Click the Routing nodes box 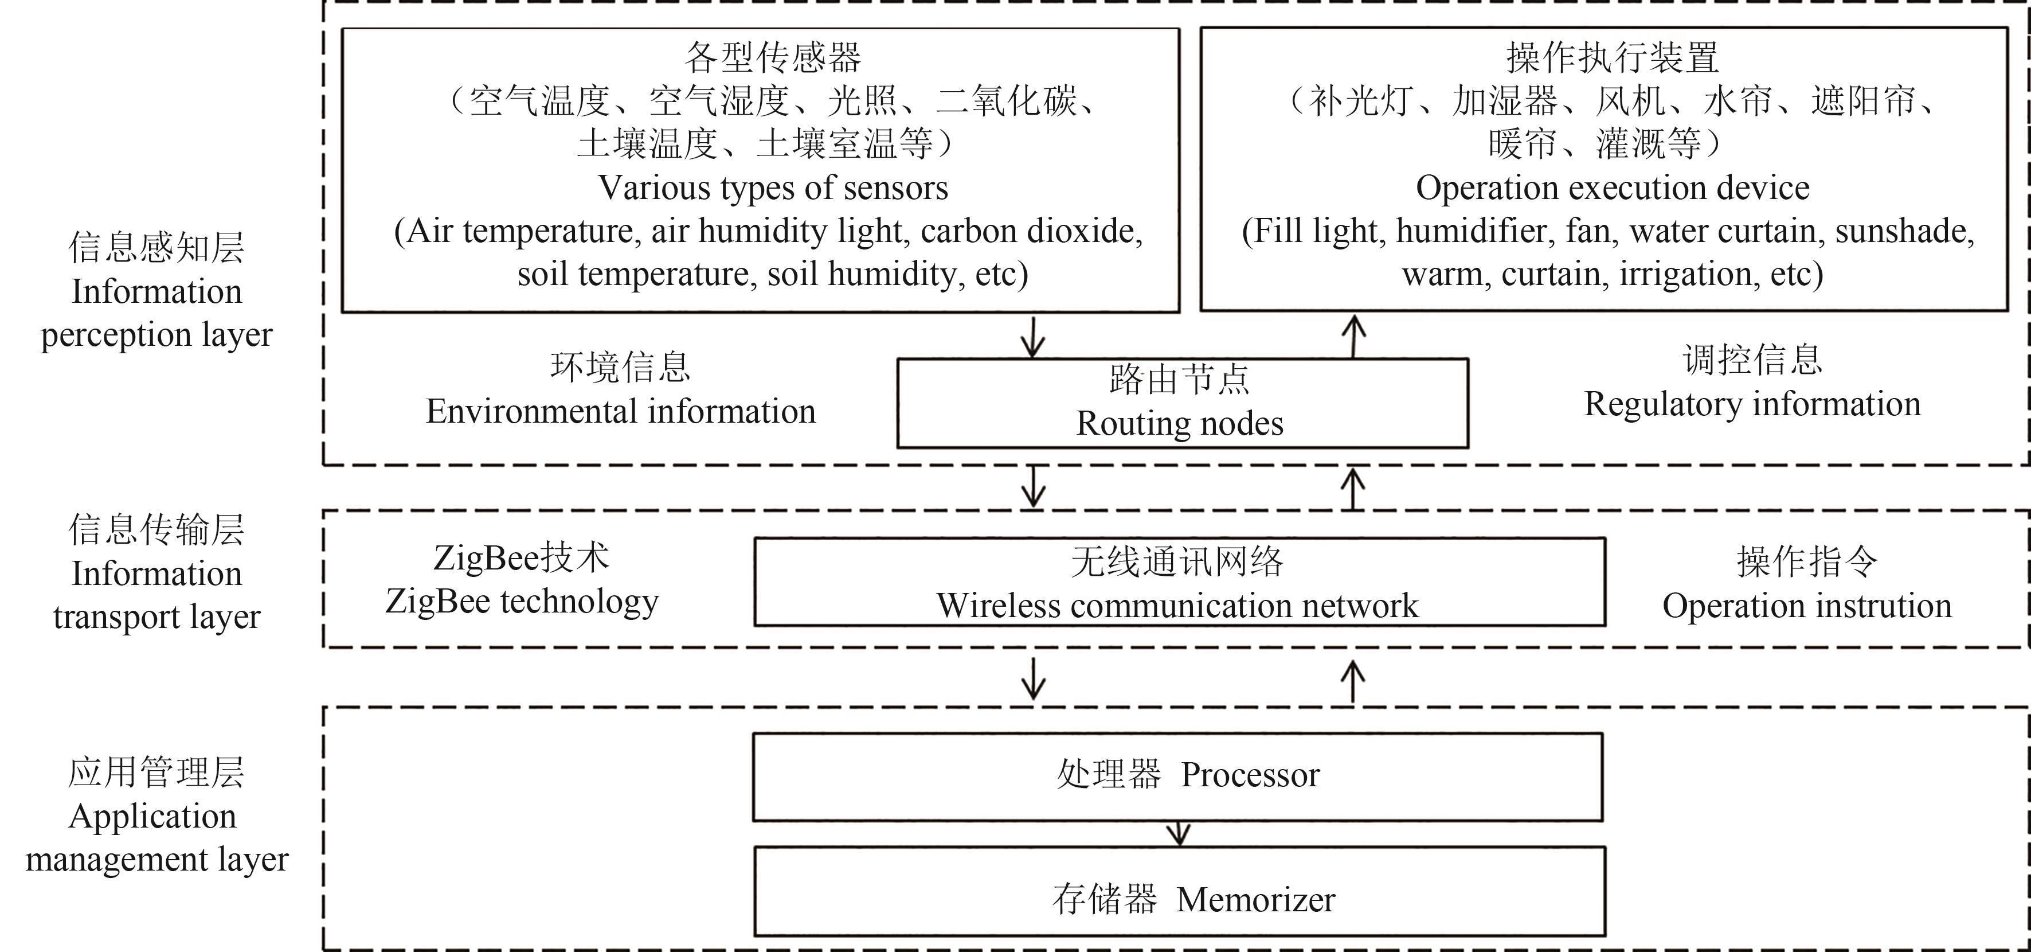pos(1182,403)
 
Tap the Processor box pos(1177,777)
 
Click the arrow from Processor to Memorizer pos(1178,834)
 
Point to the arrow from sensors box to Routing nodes pos(1033,336)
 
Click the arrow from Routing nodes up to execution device pos(1354,336)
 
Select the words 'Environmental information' pos(620,412)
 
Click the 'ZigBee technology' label pos(521,602)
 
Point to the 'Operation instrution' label pos(1807,606)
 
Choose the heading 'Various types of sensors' pos(773,188)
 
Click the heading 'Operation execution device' pos(1613,188)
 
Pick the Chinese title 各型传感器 pos(773,57)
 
